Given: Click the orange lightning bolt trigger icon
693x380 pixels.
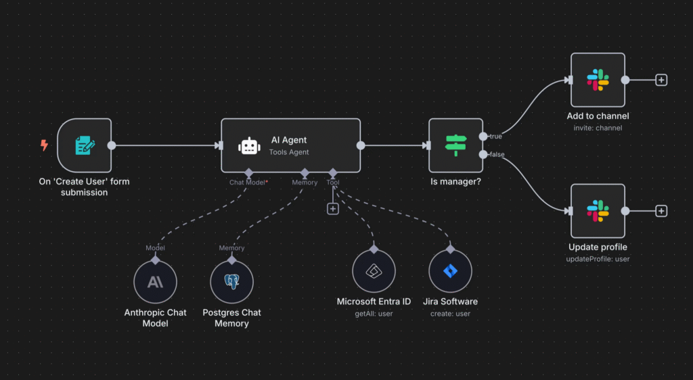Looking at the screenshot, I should (44, 145).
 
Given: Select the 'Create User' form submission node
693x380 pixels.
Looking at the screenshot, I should (84, 145).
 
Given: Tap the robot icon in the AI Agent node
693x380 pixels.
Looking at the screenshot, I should (248, 146).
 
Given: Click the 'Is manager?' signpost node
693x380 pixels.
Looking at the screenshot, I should (455, 145).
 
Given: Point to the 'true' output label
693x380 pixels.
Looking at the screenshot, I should (495, 137).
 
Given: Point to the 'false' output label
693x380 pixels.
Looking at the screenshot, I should (496, 155).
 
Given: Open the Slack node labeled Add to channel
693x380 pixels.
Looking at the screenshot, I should (598, 80).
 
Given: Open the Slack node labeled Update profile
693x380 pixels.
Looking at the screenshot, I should (598, 211).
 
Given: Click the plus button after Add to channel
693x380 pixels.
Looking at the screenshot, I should (661, 80).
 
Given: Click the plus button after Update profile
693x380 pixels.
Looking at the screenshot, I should (661, 211).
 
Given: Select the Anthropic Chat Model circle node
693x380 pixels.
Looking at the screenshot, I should (155, 282).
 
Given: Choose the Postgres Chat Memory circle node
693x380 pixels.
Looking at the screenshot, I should (231, 282).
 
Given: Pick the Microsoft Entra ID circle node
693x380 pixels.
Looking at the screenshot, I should (374, 272).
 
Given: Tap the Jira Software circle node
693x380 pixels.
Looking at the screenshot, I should (450, 272).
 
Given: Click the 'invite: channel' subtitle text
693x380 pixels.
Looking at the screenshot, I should (598, 128).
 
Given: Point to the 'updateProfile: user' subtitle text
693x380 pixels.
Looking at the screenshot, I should (598, 259).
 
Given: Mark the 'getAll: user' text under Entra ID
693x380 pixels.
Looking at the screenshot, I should (374, 314).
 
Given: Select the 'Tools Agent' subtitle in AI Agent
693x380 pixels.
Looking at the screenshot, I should (289, 152).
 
